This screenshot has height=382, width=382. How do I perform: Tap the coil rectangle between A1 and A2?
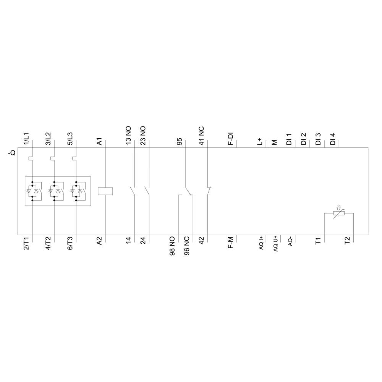105,191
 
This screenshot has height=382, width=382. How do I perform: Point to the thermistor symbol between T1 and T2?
338,213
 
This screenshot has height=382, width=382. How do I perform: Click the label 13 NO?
129,135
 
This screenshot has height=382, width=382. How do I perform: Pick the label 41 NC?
201,135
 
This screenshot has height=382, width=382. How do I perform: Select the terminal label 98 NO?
172,246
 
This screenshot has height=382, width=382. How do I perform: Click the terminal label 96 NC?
187,246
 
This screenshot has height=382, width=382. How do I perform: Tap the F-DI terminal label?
231,138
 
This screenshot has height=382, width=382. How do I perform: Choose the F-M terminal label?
231,243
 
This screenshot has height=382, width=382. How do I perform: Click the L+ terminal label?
260,142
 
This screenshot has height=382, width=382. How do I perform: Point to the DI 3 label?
318,139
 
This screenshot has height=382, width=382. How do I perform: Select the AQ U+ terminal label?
275,243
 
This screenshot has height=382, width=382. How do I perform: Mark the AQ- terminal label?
290,242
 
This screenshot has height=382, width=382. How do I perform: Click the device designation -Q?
12,153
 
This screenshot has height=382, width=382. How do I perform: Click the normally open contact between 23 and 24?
147,190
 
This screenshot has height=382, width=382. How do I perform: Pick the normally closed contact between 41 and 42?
209,190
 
